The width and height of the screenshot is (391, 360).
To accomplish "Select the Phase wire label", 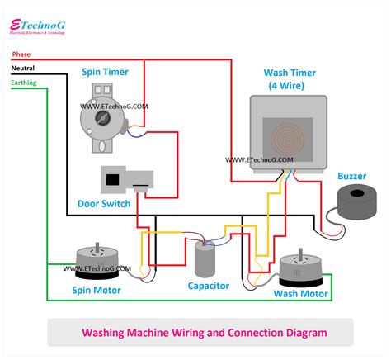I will (x=21, y=54).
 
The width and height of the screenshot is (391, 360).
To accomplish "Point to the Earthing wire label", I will (x=25, y=83).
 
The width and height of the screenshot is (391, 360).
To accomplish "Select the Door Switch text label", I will (x=103, y=204).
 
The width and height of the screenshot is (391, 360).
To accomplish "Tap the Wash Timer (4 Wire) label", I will (x=285, y=80).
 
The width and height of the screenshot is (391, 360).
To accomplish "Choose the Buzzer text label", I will (x=352, y=176).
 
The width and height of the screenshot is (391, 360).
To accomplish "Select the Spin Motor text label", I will (x=97, y=291).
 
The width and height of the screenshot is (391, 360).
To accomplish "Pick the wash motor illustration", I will (x=298, y=268).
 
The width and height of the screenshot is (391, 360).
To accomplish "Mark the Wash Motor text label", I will (x=301, y=293).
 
